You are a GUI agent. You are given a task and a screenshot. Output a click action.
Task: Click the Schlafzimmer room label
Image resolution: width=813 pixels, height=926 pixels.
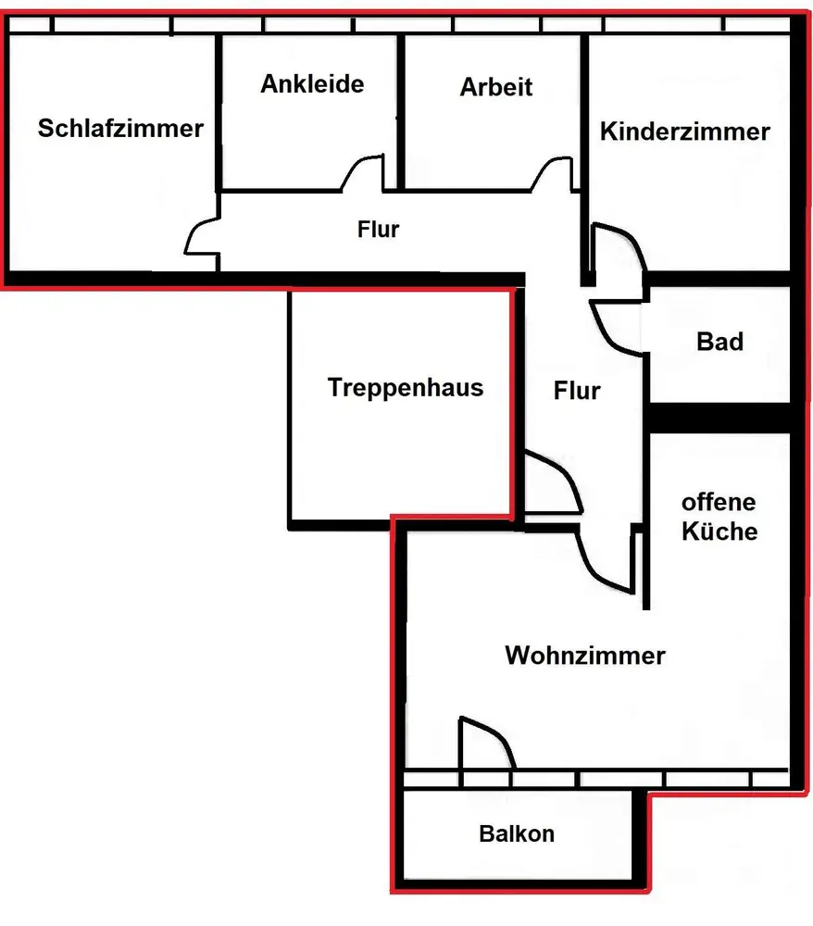coord(120,128)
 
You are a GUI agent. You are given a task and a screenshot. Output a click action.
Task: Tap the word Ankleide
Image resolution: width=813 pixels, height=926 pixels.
coord(312,84)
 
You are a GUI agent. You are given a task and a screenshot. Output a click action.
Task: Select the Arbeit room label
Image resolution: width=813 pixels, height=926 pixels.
coord(496,87)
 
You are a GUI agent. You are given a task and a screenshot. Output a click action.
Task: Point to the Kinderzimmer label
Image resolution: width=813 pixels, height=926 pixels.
coord(685,131)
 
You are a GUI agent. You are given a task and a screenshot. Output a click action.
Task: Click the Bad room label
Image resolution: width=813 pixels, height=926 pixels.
coord(719,342)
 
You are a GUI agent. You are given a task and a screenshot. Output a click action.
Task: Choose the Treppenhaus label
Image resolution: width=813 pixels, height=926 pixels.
coord(406,387)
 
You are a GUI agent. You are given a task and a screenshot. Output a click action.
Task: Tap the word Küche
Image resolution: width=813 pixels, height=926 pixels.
coord(719,532)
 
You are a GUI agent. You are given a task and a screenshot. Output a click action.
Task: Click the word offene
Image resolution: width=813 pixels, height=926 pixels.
coord(719,503)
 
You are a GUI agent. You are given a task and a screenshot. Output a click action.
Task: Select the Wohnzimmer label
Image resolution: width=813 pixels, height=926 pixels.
coord(584,656)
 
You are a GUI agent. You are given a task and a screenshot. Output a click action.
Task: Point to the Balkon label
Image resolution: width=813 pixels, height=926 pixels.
coord(517,833)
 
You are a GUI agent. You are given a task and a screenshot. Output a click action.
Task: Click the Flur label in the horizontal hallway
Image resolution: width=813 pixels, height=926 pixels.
coord(378,229)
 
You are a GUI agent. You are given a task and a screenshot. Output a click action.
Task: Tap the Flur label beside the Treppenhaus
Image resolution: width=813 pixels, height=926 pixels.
coord(577,391)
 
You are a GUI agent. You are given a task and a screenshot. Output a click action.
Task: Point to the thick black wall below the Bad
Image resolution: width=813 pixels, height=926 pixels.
coord(719,418)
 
